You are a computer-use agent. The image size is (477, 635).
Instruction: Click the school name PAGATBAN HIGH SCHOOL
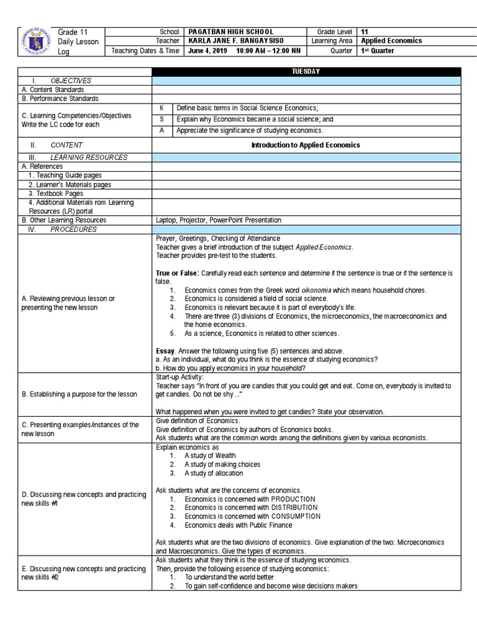[231, 32]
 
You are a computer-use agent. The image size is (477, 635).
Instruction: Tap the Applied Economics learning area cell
[391, 41]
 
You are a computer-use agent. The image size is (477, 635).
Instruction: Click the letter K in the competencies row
[162, 108]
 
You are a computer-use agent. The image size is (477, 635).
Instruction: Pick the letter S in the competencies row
[162, 119]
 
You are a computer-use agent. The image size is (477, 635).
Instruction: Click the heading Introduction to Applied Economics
[305, 145]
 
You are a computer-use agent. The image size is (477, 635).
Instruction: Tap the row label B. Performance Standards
[60, 99]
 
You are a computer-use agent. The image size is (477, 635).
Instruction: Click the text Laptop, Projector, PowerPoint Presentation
[219, 220]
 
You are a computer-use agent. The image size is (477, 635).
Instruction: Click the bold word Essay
[165, 351]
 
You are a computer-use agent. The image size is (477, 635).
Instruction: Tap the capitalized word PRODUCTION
[293, 499]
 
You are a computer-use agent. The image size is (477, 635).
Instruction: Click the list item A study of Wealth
[210, 456]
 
